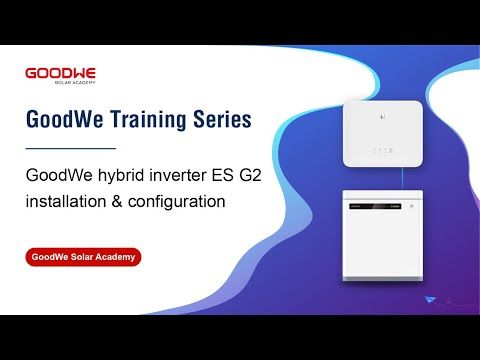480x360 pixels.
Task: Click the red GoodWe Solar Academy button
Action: tap(84, 257)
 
